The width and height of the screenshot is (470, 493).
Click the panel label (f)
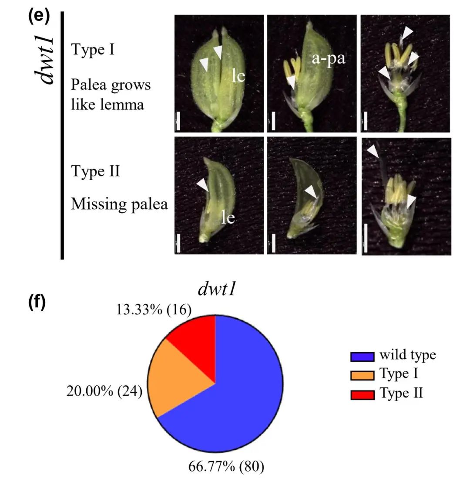click(x=37, y=303)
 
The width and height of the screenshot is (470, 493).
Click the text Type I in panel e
click(x=93, y=50)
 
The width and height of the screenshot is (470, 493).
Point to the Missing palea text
click(x=119, y=204)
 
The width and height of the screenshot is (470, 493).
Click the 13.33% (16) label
click(x=154, y=309)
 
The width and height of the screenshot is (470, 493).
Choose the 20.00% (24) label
click(x=104, y=391)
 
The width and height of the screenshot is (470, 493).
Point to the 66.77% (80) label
click(x=226, y=466)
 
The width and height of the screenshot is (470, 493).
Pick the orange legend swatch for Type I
click(x=362, y=375)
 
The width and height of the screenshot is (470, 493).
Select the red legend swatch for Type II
click(x=362, y=394)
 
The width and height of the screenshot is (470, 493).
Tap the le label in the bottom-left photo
click(x=228, y=217)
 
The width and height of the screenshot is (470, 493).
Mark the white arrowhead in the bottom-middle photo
click(x=311, y=191)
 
